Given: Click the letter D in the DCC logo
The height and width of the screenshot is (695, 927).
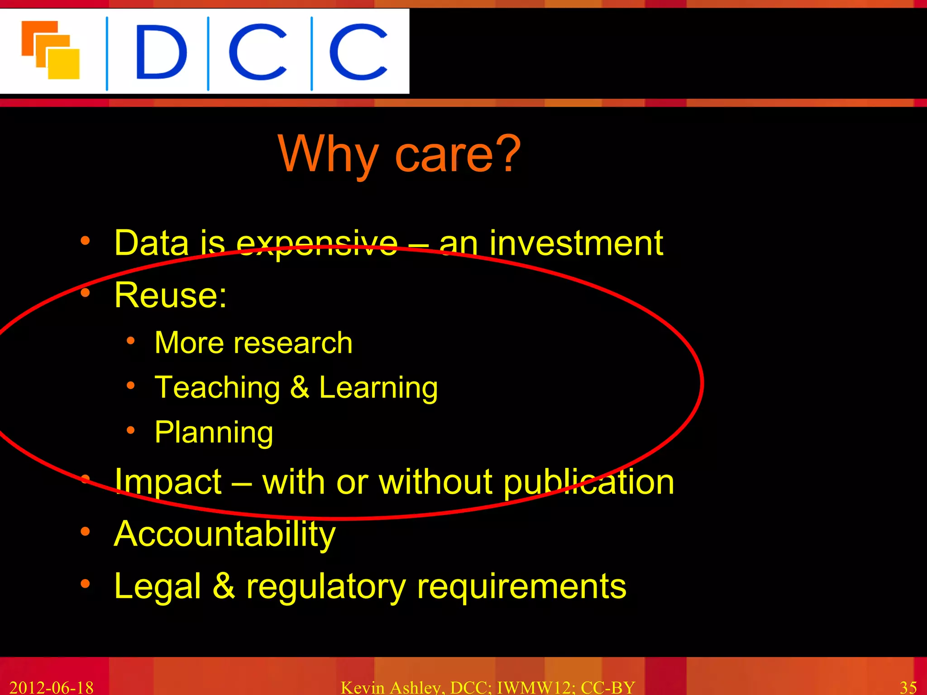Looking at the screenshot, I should tap(161, 52).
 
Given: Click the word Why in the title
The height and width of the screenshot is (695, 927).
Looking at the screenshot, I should tap(328, 155).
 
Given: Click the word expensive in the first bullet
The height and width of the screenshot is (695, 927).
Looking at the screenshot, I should tap(317, 244).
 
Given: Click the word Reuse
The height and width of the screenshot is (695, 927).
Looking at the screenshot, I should tap(170, 295).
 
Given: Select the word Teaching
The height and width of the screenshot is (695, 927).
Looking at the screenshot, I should tap(217, 388).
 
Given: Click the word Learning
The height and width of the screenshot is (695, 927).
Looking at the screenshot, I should tap(378, 388).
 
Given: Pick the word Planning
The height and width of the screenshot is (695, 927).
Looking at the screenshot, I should tap(214, 433).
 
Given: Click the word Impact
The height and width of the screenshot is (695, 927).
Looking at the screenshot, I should tap(168, 481).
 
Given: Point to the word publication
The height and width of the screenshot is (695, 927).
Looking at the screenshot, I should tap(588, 482).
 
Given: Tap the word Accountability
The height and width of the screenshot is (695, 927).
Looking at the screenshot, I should tap(225, 534).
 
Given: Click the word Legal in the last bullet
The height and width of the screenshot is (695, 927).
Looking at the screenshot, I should tap(158, 587).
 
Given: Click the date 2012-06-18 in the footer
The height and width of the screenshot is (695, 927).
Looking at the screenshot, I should tap(51, 688).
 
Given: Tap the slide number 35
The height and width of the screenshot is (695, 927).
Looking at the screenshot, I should tap(908, 688).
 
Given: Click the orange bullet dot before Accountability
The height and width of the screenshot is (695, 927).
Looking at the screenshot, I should tap(85, 532).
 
